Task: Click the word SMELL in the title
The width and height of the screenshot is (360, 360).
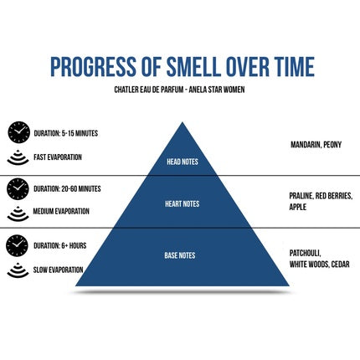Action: (192, 67)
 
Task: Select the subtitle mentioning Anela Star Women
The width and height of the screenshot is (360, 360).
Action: (179, 90)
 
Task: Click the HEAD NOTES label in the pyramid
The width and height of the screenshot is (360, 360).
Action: (183, 162)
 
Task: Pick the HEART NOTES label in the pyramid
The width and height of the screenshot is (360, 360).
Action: (183, 203)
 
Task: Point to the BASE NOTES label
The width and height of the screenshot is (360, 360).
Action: (180, 255)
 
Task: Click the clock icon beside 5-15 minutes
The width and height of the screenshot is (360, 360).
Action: (18, 132)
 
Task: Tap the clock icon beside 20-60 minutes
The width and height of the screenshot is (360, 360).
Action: (18, 189)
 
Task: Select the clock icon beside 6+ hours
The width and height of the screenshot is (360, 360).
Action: (17, 245)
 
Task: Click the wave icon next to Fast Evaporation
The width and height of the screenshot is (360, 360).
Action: (18, 158)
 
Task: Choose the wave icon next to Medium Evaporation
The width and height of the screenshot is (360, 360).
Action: (18, 213)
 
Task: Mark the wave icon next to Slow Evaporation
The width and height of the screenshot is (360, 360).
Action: (18, 270)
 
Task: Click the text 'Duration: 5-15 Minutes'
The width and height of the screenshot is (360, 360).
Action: (66, 133)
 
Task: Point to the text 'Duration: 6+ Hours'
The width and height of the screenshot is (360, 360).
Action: (60, 245)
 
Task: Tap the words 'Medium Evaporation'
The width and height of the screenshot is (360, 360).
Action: (61, 211)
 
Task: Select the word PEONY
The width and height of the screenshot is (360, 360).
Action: (332, 145)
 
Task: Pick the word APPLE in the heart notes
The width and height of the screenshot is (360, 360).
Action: (298, 207)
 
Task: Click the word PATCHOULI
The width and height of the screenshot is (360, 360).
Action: (306, 254)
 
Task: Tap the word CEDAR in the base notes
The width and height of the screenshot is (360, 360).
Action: (341, 265)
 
